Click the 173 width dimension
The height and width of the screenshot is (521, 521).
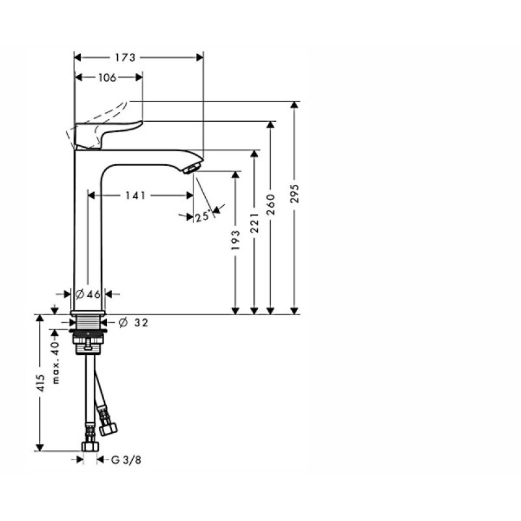[x=126, y=57]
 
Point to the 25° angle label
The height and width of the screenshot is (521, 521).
[x=202, y=216]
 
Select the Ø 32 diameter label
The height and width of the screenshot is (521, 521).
[x=133, y=322]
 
